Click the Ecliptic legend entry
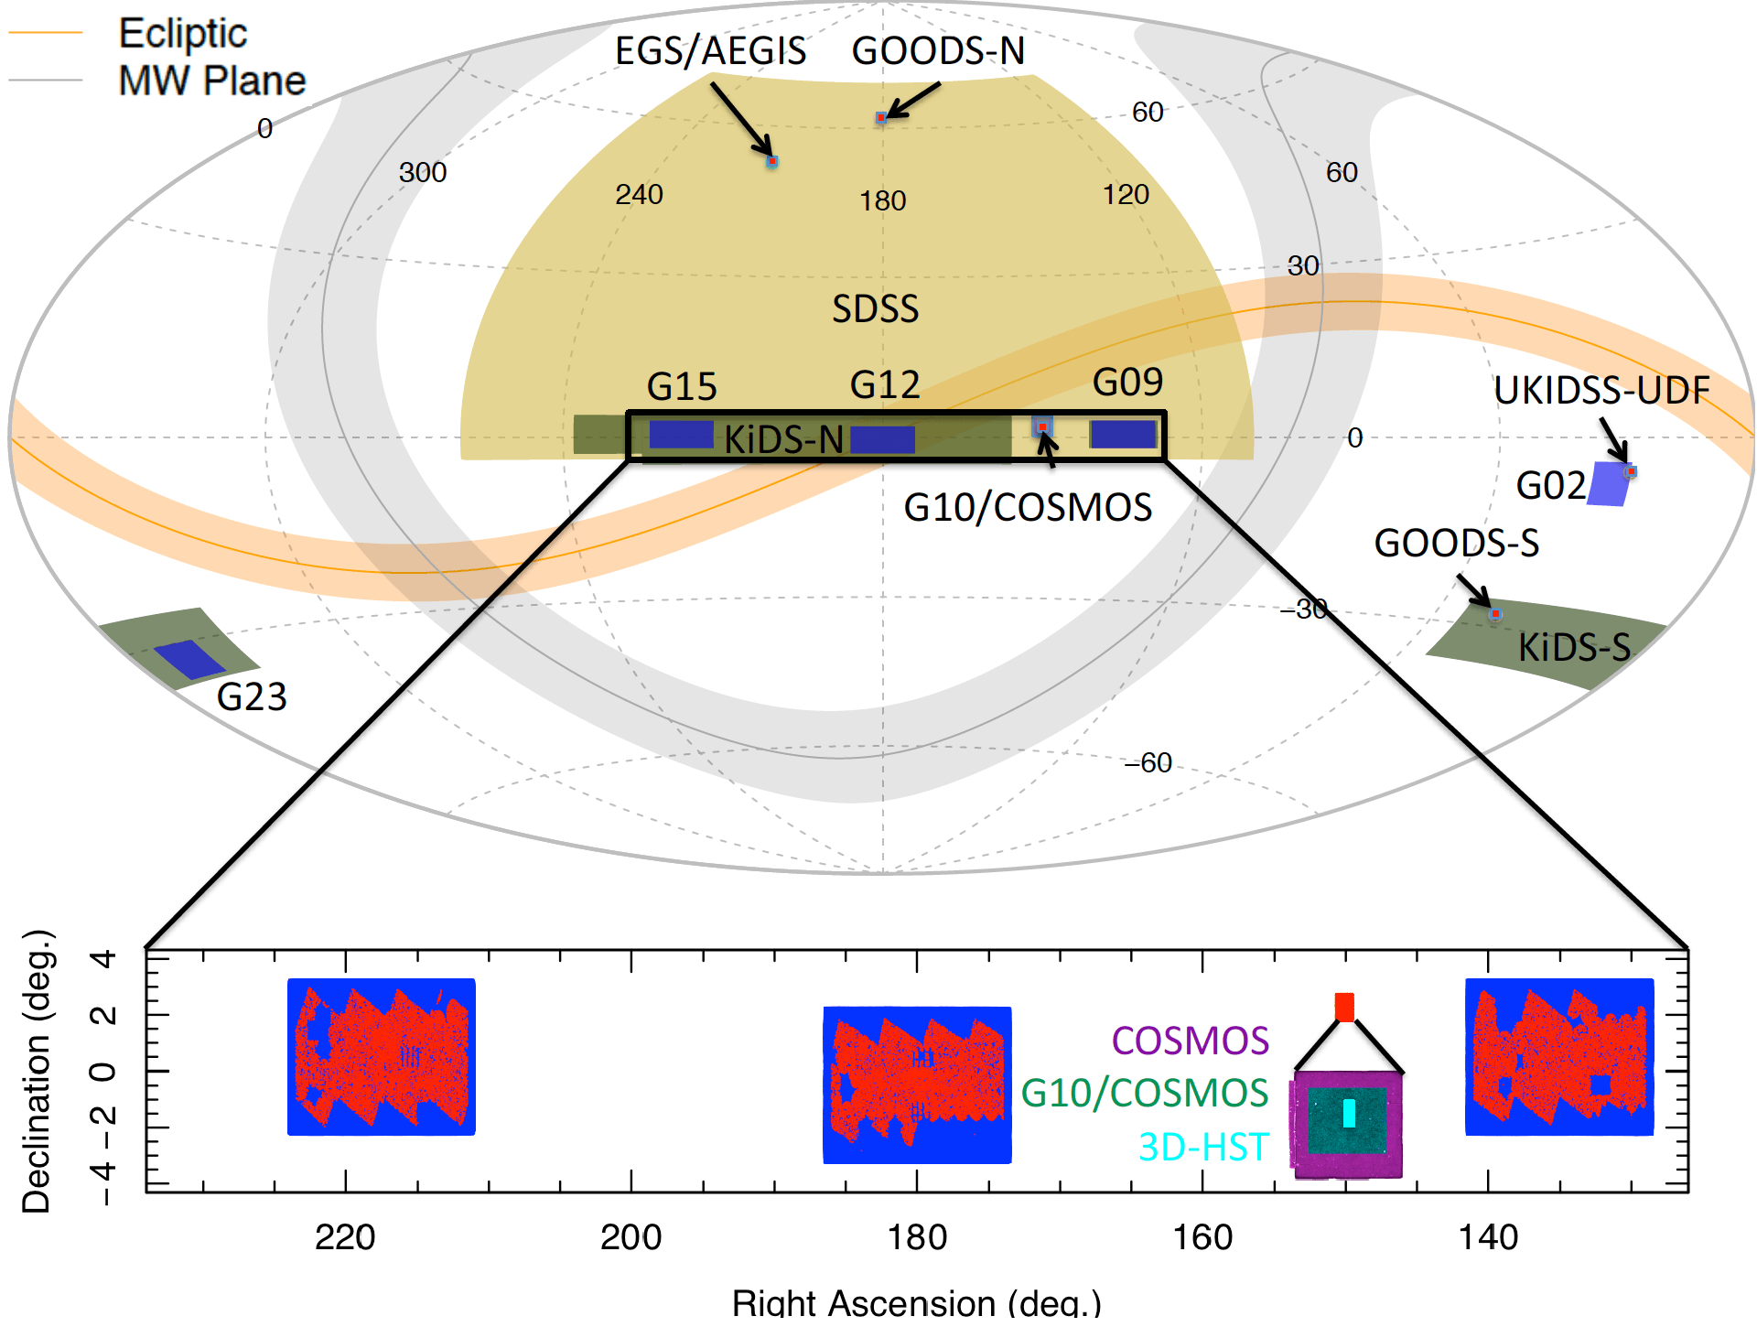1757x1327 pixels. pos(182,34)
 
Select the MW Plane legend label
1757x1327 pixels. pos(211,81)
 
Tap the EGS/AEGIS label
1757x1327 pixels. pos(710,51)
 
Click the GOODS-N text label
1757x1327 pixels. pos(938,51)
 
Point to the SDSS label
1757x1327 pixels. pos(875,309)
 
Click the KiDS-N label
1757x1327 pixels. pos(783,440)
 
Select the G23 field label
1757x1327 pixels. pos(252,697)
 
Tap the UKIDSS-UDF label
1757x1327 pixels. pos(1601,391)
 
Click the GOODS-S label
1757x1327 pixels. pos(1456,544)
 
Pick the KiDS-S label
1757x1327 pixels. pos(1574,648)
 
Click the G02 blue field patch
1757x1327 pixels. pos(1608,484)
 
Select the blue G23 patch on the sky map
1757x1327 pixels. pos(189,659)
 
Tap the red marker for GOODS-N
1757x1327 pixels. pos(881,118)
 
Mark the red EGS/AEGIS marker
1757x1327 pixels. pos(772,162)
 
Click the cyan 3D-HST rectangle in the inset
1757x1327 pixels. pos(1349,1113)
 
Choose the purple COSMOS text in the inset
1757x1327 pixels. pos(1190,1041)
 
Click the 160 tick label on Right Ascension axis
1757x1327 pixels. pos(1202,1238)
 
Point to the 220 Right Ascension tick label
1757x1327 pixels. pos(345,1238)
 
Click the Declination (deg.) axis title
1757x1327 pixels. pos(37,1071)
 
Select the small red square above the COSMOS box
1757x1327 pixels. pos(1344,1007)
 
